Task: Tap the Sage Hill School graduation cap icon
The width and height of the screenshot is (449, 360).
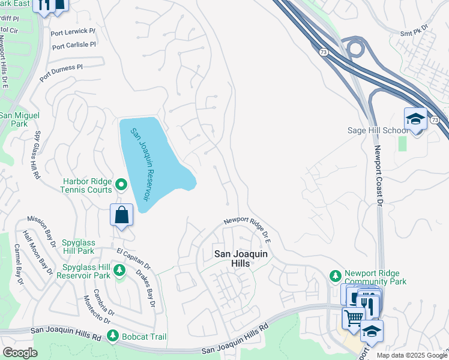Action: [x=415, y=118]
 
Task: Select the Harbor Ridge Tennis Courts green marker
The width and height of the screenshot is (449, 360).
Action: [x=121, y=184]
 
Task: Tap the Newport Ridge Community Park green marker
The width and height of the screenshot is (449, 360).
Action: [x=336, y=275]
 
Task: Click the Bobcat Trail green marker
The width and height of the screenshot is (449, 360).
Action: [x=112, y=337]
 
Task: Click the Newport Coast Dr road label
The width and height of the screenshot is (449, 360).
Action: [x=378, y=175]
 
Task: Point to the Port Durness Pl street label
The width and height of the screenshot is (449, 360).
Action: [x=61, y=73]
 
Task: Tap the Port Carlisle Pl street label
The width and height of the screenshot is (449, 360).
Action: [x=74, y=46]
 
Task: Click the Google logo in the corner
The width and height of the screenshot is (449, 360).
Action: [x=19, y=352]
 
